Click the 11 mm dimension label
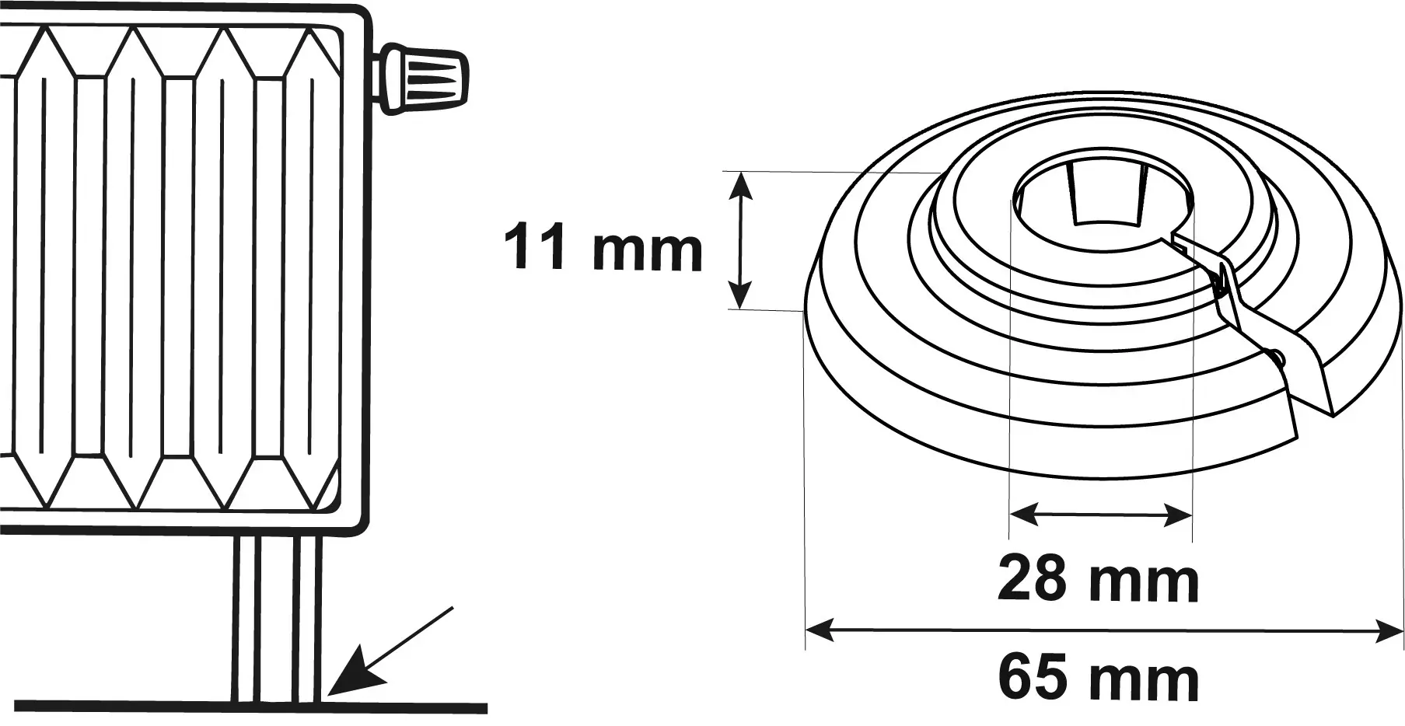click(x=603, y=248)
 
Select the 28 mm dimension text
click(x=1098, y=580)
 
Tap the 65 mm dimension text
click(x=1098, y=679)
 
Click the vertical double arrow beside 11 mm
click(x=741, y=240)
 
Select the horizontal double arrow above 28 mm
click(x=1100, y=514)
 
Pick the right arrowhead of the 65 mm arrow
click(x=1389, y=630)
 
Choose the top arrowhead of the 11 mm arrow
click(x=741, y=183)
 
